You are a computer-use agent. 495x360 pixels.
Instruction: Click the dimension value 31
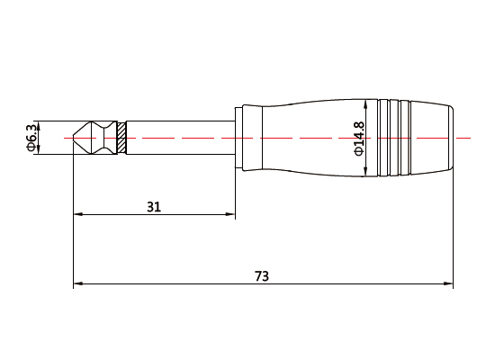(x=154, y=207)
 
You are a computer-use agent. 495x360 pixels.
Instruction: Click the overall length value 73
(x=262, y=275)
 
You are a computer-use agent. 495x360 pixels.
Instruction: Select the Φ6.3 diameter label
(x=31, y=138)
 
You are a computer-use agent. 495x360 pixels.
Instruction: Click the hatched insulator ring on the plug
(x=121, y=138)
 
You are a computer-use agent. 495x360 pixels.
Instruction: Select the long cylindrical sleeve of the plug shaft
(x=180, y=138)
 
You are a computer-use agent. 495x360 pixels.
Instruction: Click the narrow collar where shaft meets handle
(x=238, y=138)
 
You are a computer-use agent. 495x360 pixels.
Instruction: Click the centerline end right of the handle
(x=468, y=138)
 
